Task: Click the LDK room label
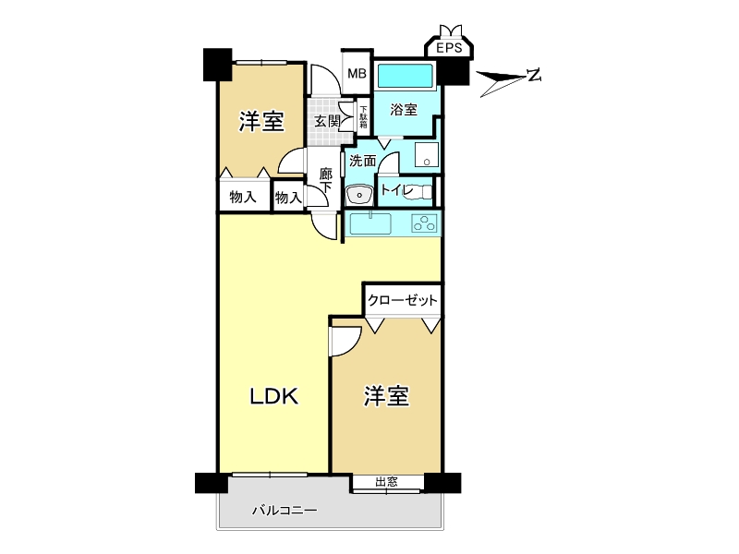[274, 397]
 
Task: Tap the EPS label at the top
[451, 49]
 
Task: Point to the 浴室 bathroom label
[404, 110]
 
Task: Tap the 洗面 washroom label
[362, 161]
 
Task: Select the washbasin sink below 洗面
[357, 195]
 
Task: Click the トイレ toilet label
[397, 191]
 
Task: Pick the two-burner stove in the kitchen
[425, 223]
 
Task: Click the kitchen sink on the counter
[370, 223]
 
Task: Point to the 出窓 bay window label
[388, 482]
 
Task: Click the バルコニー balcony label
[285, 510]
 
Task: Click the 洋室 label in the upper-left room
[260, 121]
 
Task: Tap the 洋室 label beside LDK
[386, 397]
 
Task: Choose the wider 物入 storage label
[243, 197]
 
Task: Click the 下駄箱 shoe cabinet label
[364, 117]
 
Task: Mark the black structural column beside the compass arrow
[453, 71]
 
